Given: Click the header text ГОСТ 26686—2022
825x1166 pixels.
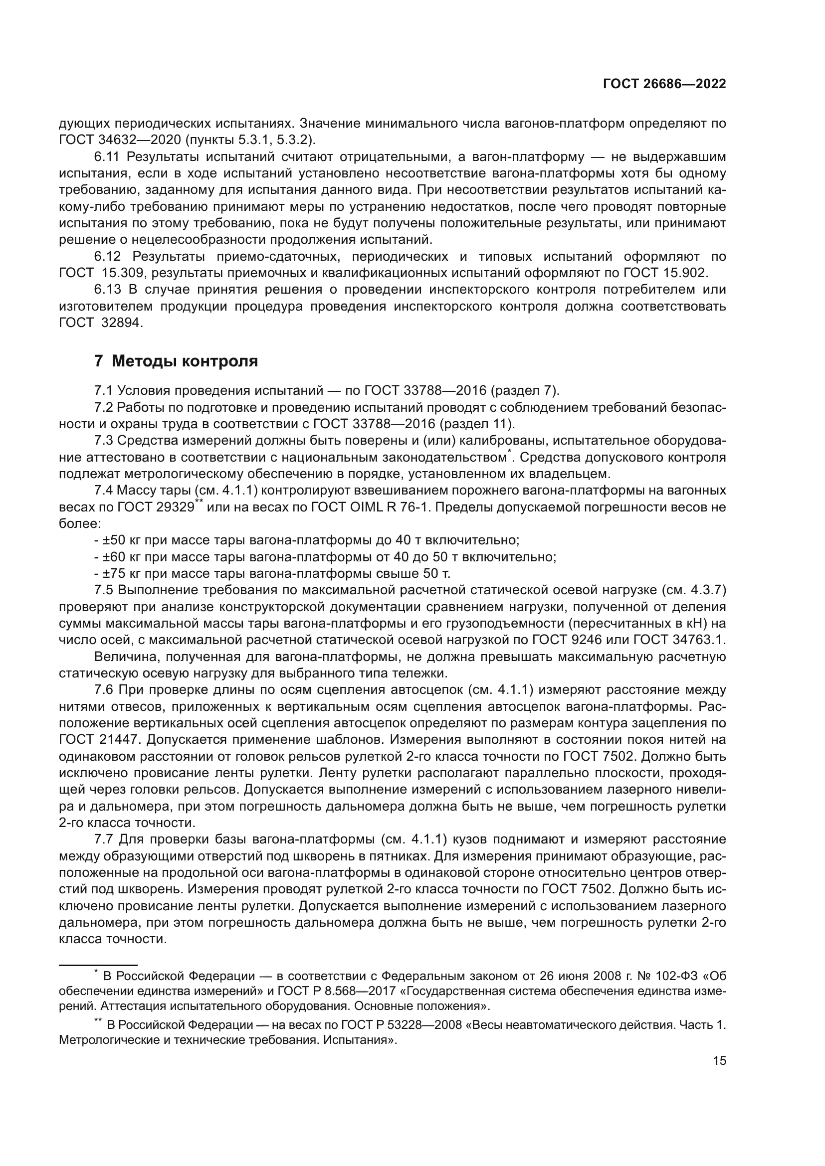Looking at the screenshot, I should [664, 84].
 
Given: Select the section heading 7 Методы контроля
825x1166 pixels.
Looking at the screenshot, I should [176, 361].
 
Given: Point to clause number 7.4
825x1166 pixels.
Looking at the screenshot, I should [104, 490].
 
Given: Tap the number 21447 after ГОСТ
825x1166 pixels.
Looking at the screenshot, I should [122, 739].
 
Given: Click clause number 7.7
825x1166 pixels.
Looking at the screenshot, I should [104, 839].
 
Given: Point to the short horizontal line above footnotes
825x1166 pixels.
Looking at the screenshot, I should [98, 965].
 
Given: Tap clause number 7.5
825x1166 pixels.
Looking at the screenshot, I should [104, 590].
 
